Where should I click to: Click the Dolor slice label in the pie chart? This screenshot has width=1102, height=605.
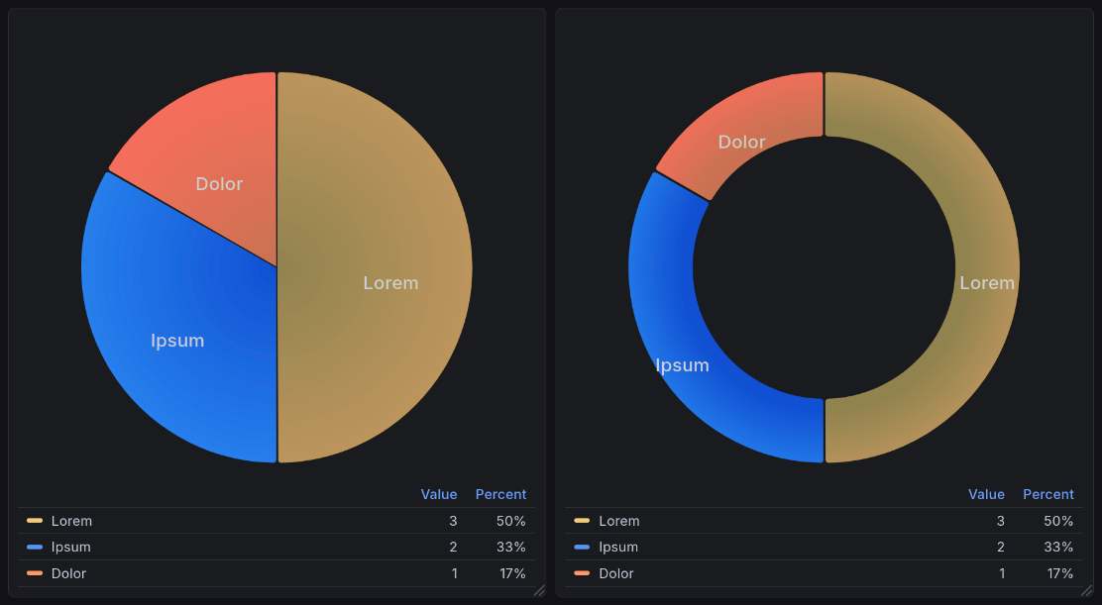(219, 184)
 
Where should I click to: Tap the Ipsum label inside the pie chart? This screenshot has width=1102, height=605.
(177, 341)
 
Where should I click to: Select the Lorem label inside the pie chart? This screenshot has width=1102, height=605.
(390, 283)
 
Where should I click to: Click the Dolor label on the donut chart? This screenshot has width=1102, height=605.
(741, 143)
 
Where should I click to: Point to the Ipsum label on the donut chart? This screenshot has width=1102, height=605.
(682, 365)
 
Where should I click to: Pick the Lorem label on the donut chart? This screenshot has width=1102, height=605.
(987, 283)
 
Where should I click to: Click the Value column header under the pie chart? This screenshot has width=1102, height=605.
(439, 494)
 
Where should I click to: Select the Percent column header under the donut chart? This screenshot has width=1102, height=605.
(1047, 494)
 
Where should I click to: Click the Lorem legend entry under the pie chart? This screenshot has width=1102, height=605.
(71, 521)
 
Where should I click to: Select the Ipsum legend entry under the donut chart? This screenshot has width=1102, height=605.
(618, 547)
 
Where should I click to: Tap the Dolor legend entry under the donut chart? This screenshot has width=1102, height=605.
(616, 573)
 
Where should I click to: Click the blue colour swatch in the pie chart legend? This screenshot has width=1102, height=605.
(35, 547)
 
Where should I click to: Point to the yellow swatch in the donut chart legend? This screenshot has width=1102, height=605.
(582, 521)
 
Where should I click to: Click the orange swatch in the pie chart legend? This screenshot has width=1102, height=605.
(35, 573)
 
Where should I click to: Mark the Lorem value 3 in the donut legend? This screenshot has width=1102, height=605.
(1000, 521)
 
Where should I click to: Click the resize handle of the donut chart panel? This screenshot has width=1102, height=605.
(1086, 589)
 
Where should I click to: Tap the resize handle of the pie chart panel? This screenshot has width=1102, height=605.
(539, 589)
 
